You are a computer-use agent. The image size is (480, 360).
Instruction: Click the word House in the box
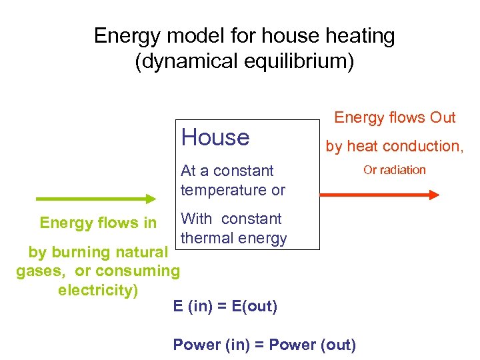coord(215,137)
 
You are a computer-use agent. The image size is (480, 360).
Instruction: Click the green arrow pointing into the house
coord(93,199)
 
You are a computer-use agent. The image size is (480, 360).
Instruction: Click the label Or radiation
coord(394,170)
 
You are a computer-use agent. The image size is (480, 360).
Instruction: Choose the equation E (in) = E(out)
coord(225,307)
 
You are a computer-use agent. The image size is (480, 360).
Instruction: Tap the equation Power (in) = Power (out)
coord(264,345)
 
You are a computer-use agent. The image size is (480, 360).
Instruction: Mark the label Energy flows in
coord(98,222)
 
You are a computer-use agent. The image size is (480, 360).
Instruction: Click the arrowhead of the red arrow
coord(434,195)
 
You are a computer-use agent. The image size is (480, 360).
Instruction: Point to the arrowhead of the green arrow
coord(149,199)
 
